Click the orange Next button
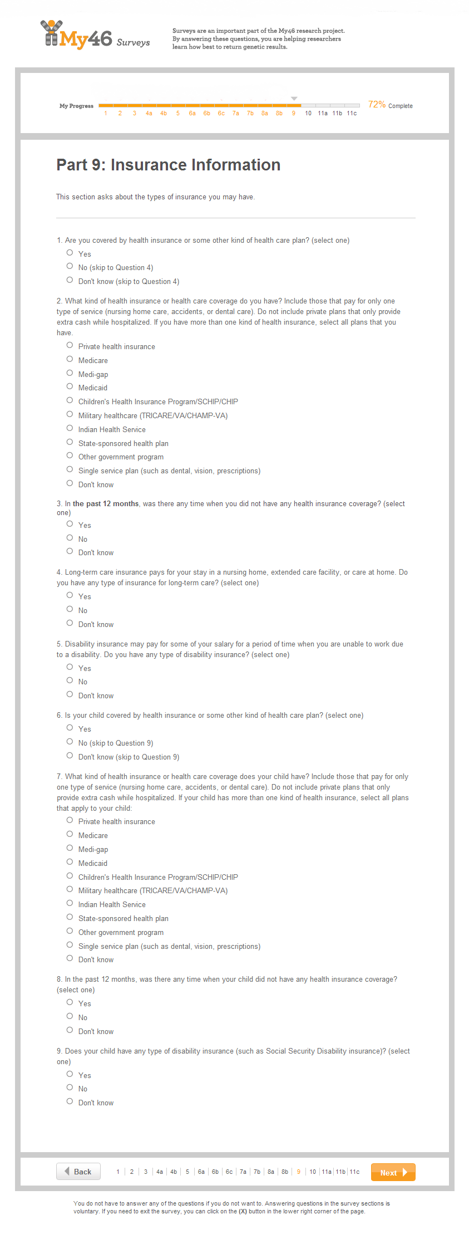[393, 1172]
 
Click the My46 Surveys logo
[95, 36]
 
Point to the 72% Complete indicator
[390, 105]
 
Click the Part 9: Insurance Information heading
[168, 165]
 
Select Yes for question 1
[70, 253]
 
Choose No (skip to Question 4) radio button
[70, 267]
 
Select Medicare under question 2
[70, 360]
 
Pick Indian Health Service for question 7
[70, 904]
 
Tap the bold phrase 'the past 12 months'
[106, 503]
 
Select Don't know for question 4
[70, 624]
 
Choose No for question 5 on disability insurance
[70, 681]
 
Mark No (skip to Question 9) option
[70, 742]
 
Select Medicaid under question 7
[70, 863]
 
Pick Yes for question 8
[70, 1003]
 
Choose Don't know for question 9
[70, 1102]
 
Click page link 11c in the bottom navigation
[354, 1172]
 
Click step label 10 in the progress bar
[308, 113]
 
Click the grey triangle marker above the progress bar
[294, 99]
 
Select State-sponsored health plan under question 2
[70, 443]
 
